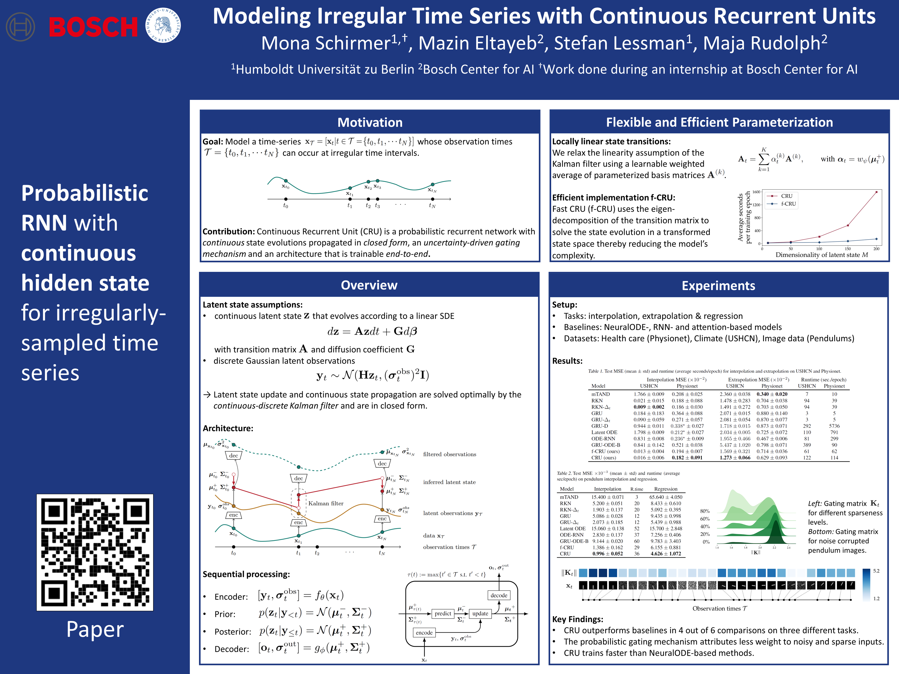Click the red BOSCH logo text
click(x=93, y=27)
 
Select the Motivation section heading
click(x=370, y=122)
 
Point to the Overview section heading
click(x=369, y=285)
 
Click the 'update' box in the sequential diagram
click(x=480, y=613)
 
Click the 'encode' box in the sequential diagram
click(x=424, y=633)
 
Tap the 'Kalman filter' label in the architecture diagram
click(x=326, y=503)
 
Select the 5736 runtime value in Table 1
click(x=834, y=426)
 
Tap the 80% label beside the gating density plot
click(x=705, y=511)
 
